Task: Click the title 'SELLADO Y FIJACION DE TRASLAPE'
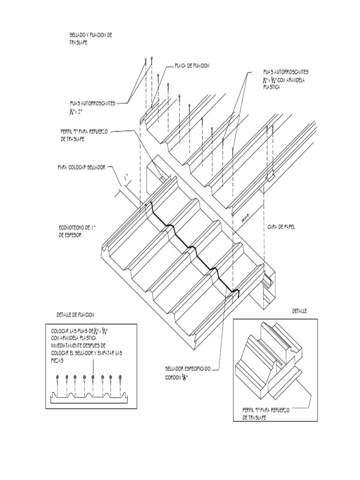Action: [90, 38]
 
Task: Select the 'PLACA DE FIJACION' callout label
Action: [192, 66]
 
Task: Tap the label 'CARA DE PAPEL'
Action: [281, 227]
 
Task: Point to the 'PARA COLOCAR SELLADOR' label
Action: [82, 167]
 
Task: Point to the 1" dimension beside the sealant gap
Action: [126, 178]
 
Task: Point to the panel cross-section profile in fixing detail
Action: [89, 398]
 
